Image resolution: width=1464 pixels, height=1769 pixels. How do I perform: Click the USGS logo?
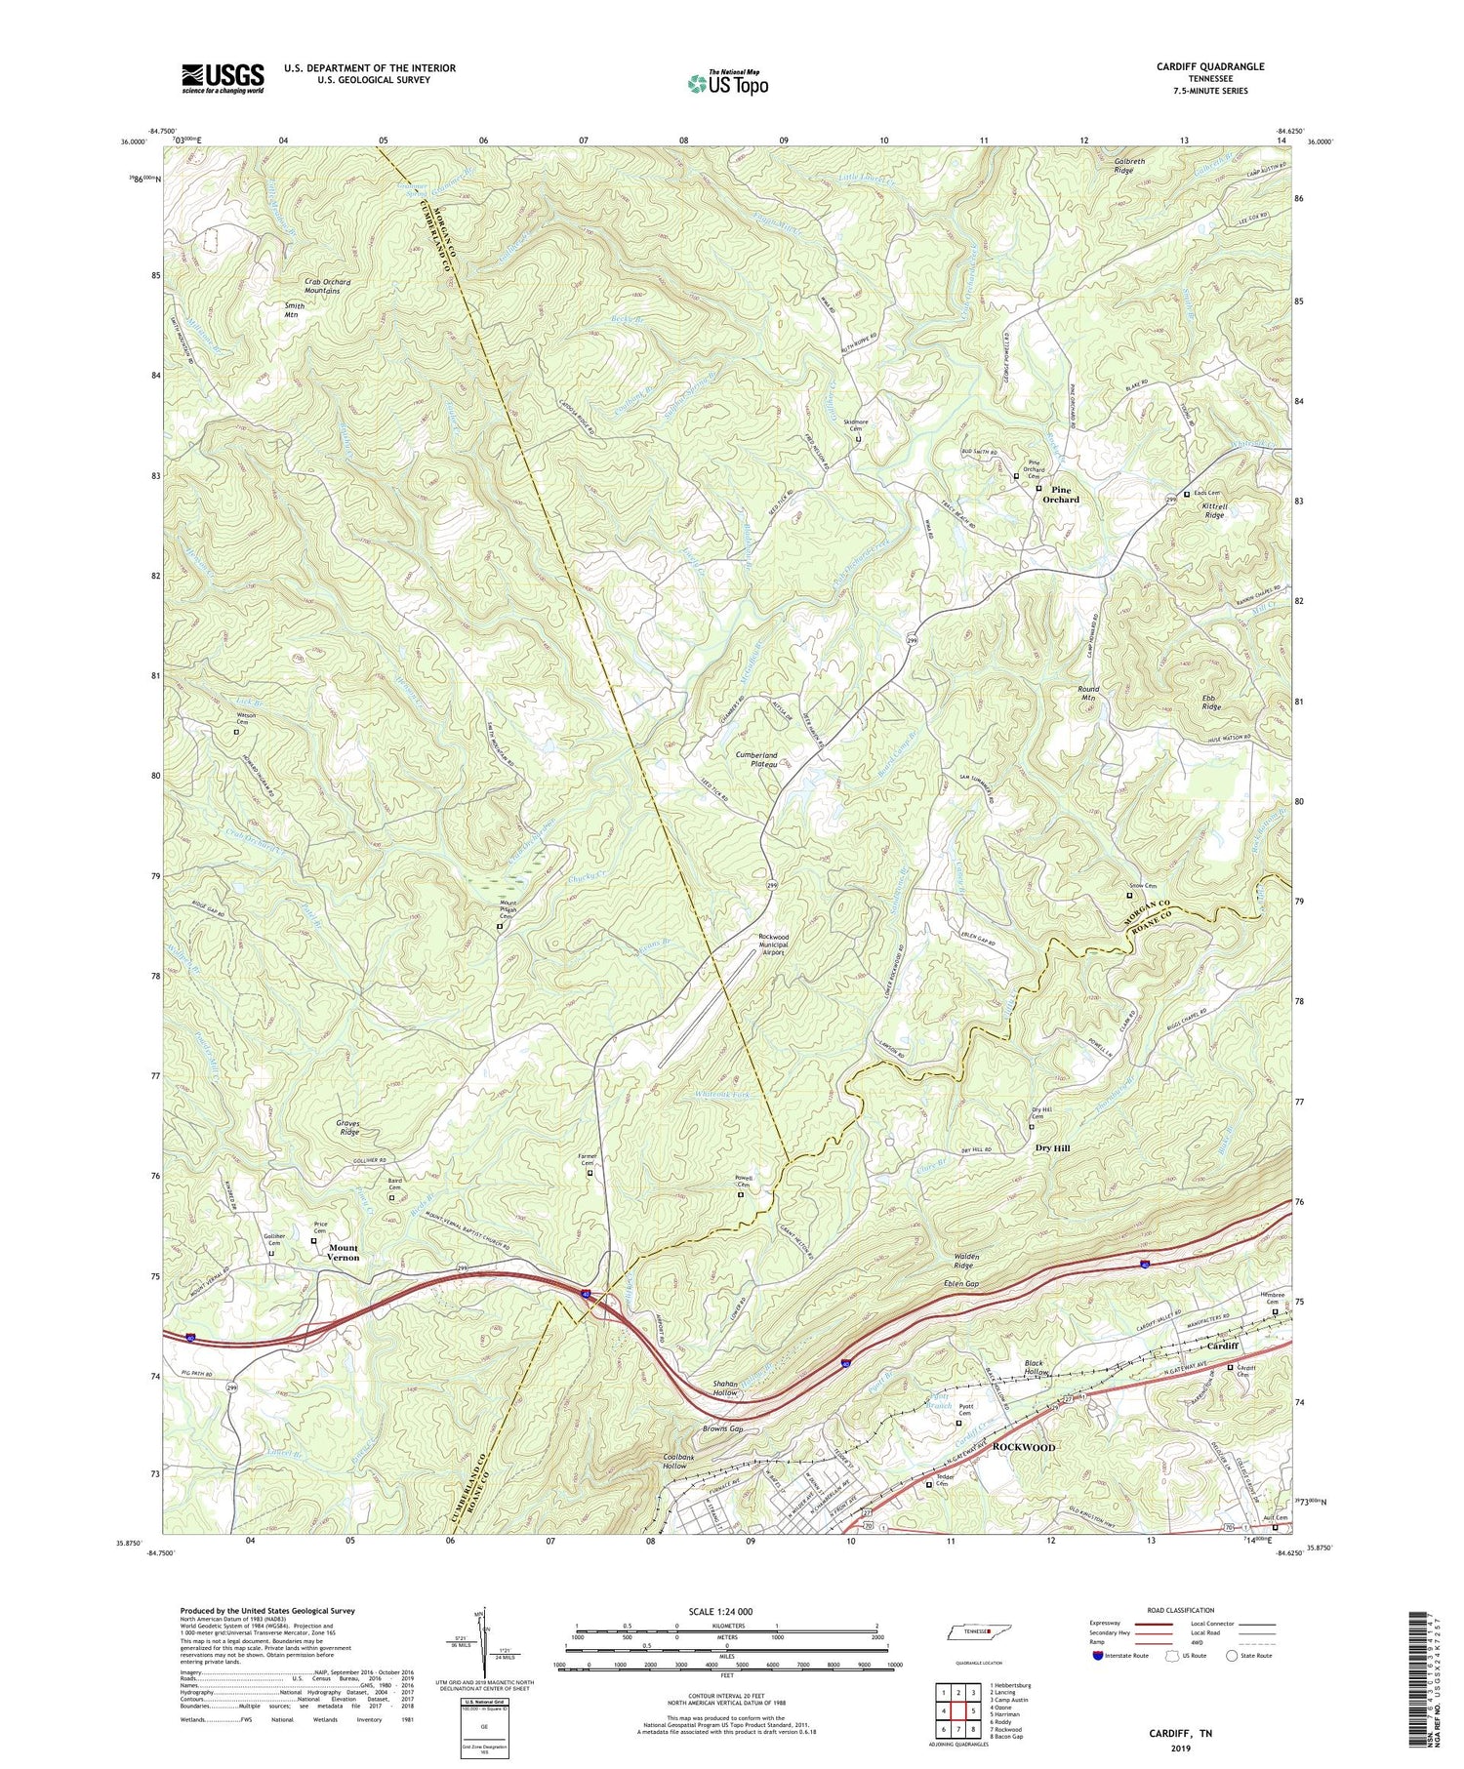pos(223,77)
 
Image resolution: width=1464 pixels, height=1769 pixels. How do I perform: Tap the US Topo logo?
pos(727,84)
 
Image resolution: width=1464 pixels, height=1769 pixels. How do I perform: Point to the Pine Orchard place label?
pos(1061,495)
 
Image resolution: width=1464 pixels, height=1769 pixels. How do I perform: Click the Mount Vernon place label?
pos(344,1253)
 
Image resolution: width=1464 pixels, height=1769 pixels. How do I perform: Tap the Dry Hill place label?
pos(1052,1148)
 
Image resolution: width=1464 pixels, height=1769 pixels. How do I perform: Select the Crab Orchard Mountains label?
pos(327,287)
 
